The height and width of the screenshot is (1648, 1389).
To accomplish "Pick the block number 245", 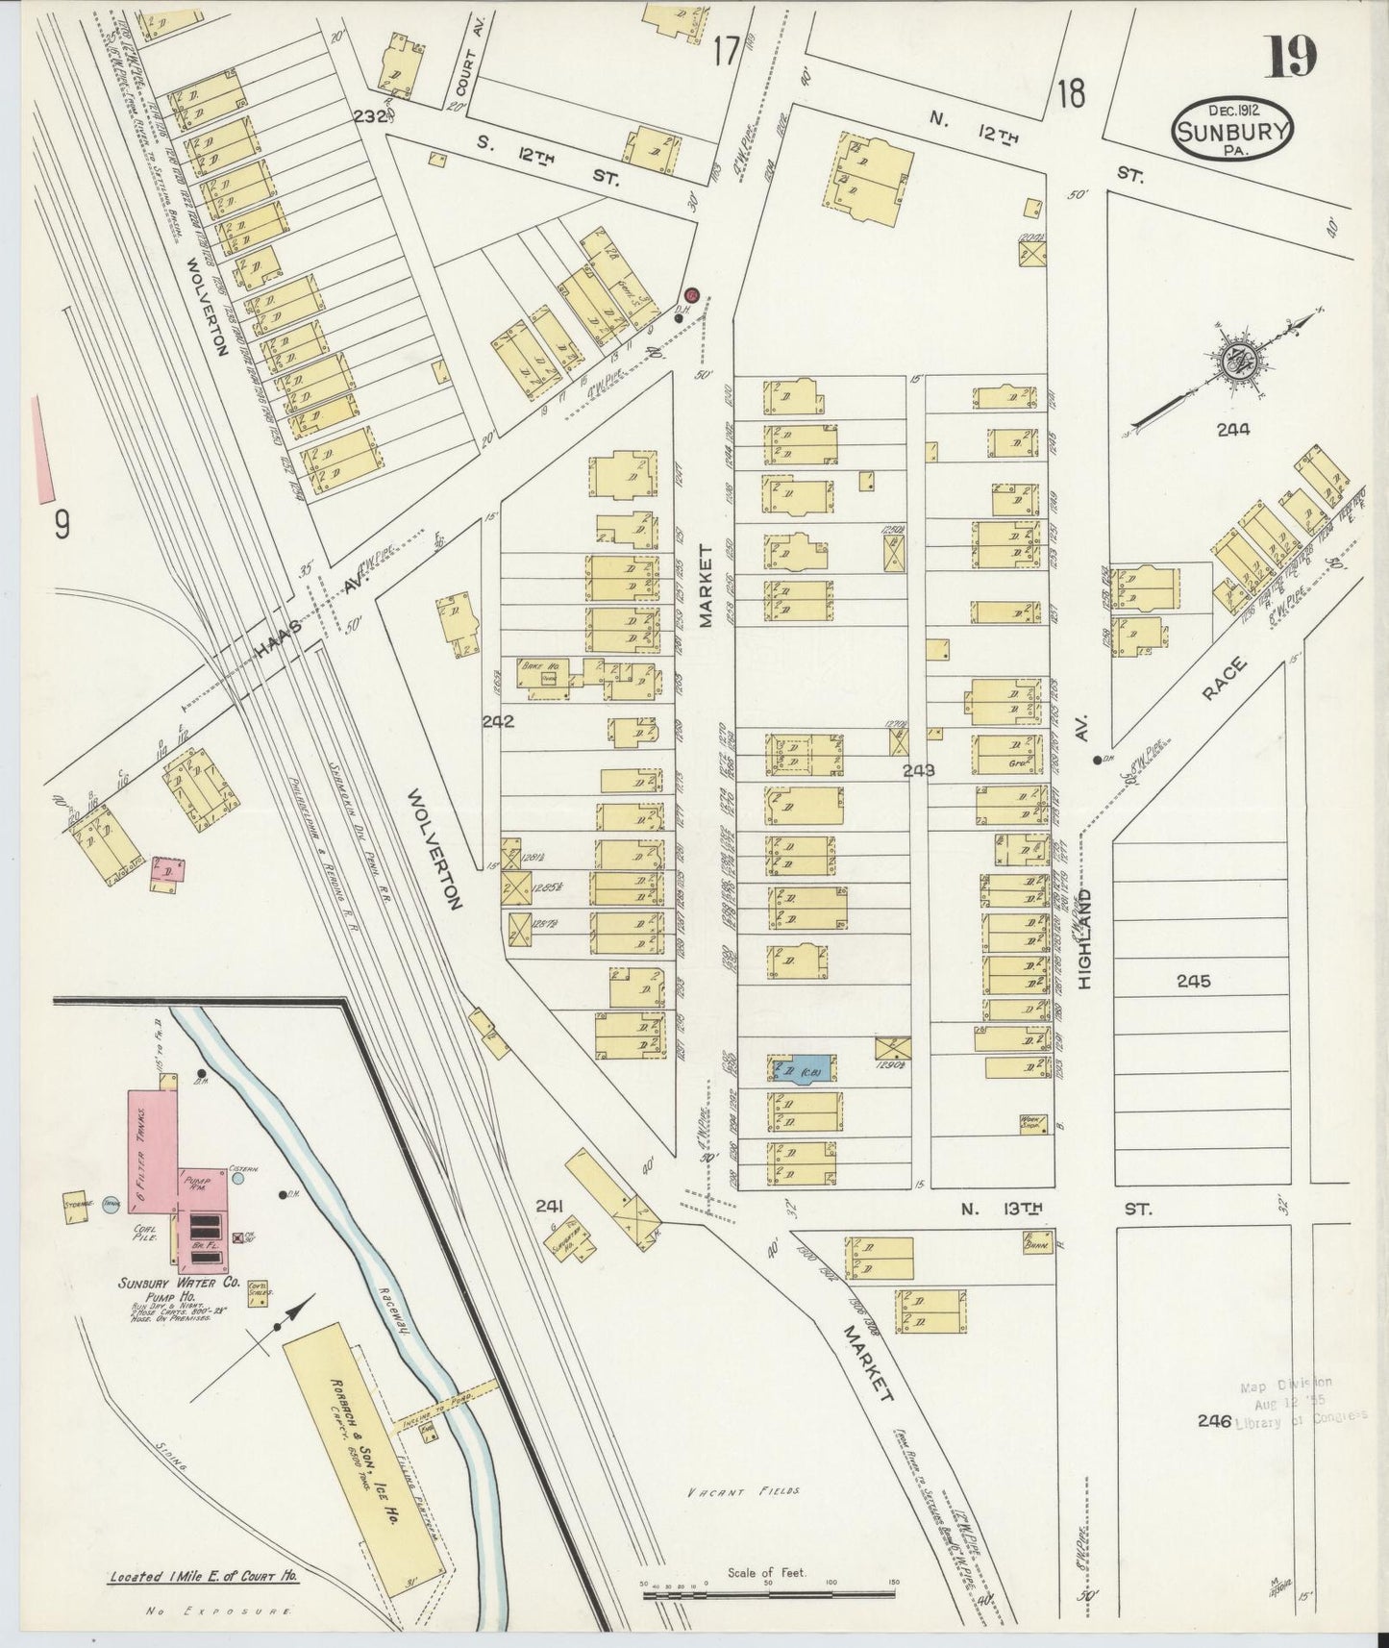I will coord(1192,981).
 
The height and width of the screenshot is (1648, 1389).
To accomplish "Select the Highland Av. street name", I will coord(1087,923).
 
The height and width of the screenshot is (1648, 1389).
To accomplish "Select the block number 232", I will coord(368,117).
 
